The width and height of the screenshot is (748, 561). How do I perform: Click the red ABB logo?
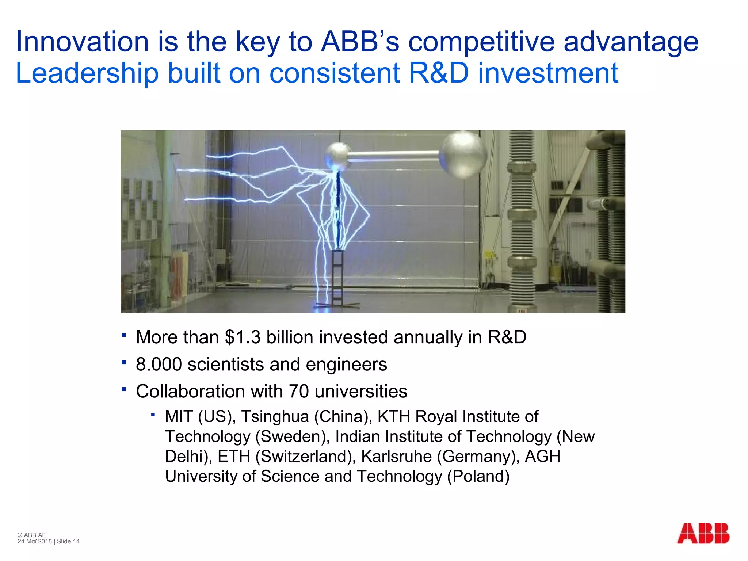coord(703,533)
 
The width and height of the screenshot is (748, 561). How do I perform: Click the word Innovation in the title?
coord(82,42)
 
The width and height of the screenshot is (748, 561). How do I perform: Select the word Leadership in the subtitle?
coord(87,73)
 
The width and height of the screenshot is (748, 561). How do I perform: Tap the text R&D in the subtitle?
coord(439,73)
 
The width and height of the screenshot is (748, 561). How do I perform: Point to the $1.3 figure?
coord(243,337)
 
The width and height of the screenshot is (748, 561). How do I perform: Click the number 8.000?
coord(159,365)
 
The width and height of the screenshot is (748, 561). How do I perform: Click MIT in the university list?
coord(179,417)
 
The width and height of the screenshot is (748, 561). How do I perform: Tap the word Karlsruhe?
coord(397,457)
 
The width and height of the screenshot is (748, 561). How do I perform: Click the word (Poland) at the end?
coord(478,477)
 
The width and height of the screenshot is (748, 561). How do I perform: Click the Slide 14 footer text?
coord(68,542)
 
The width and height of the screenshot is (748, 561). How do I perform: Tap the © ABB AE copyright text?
coord(32,535)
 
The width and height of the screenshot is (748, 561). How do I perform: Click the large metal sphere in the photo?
coord(463,154)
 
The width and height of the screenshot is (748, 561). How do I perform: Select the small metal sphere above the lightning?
coord(338,155)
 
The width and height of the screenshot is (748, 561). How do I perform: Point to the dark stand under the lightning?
coord(337,278)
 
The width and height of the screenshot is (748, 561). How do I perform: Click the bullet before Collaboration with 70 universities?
coord(124,389)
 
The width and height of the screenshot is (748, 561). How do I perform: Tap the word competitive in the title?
coord(481,42)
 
